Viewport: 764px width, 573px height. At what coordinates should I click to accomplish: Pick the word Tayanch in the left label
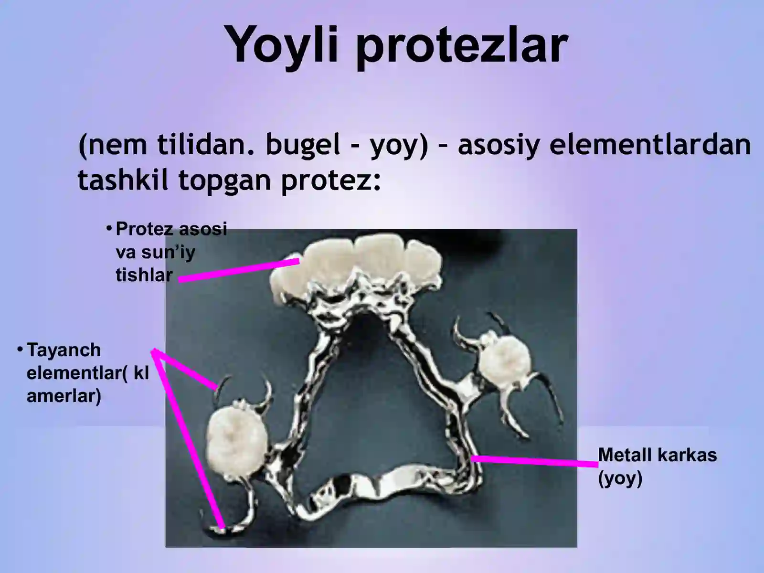64,350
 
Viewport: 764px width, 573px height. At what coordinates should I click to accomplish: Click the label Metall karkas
657,455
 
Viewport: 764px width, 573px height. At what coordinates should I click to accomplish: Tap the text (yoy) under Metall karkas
620,478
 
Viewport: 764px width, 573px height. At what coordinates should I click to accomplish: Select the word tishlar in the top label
144,275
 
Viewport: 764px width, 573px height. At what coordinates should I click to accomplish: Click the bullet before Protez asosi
109,228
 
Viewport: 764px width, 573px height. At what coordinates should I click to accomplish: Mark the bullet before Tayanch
20,349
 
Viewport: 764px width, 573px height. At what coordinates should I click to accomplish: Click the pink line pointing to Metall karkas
535,461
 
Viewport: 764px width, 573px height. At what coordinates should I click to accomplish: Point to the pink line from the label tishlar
239,270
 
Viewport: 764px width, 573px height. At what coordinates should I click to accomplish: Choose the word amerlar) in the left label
64,396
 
